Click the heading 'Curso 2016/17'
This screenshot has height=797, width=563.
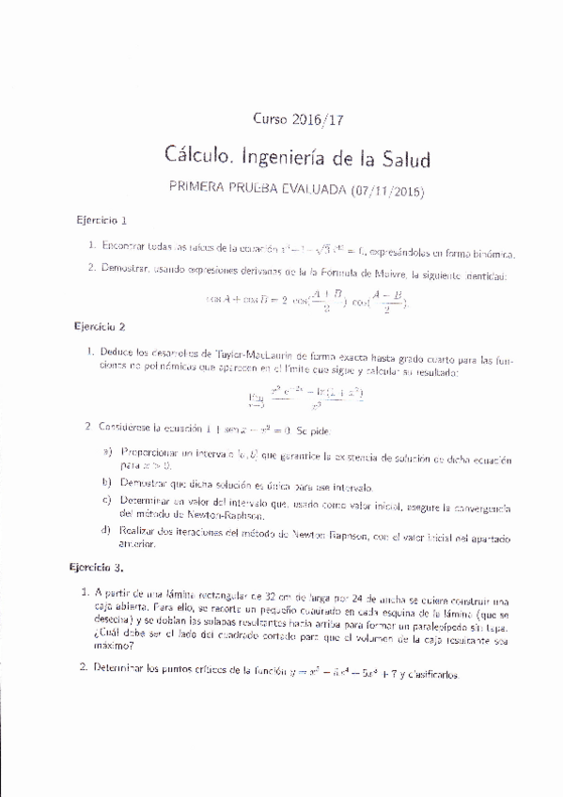(x=294, y=119)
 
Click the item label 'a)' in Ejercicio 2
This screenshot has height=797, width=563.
(x=108, y=453)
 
